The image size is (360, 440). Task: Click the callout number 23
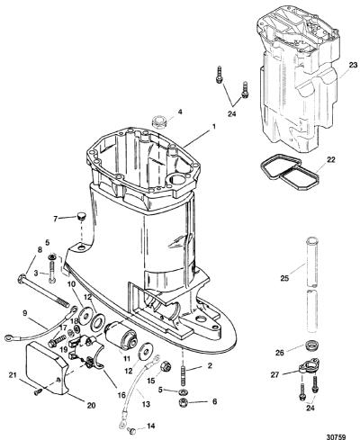pos(354,65)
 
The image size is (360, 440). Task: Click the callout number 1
pos(213,127)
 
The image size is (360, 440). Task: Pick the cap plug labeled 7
pos(81,216)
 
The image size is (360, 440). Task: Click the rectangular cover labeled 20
pos(49,368)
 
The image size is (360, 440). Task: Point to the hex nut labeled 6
pos(183,403)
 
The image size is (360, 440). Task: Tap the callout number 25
pos(284,278)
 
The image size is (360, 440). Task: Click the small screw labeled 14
pos(132,431)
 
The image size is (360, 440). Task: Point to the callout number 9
pos(24,313)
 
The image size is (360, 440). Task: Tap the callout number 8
pos(40,249)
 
